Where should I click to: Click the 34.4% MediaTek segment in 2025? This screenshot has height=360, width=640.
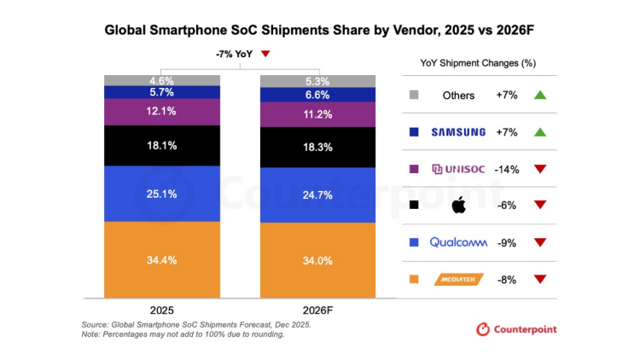point(160,258)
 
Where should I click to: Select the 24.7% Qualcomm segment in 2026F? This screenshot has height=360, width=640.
point(317,195)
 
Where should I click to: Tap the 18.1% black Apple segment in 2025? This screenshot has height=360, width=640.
point(160,146)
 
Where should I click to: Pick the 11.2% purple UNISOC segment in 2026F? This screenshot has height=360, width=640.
point(317,115)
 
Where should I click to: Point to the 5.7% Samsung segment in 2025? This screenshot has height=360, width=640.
point(160,92)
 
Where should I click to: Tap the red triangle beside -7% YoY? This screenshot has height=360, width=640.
point(265,55)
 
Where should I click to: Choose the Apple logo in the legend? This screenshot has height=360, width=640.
point(458,206)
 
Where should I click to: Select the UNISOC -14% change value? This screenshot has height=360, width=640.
point(508,169)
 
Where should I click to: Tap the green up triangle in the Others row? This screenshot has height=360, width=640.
point(538,96)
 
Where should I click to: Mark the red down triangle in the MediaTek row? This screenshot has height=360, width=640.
point(538,279)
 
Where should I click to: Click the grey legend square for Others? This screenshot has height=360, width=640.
point(414,96)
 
